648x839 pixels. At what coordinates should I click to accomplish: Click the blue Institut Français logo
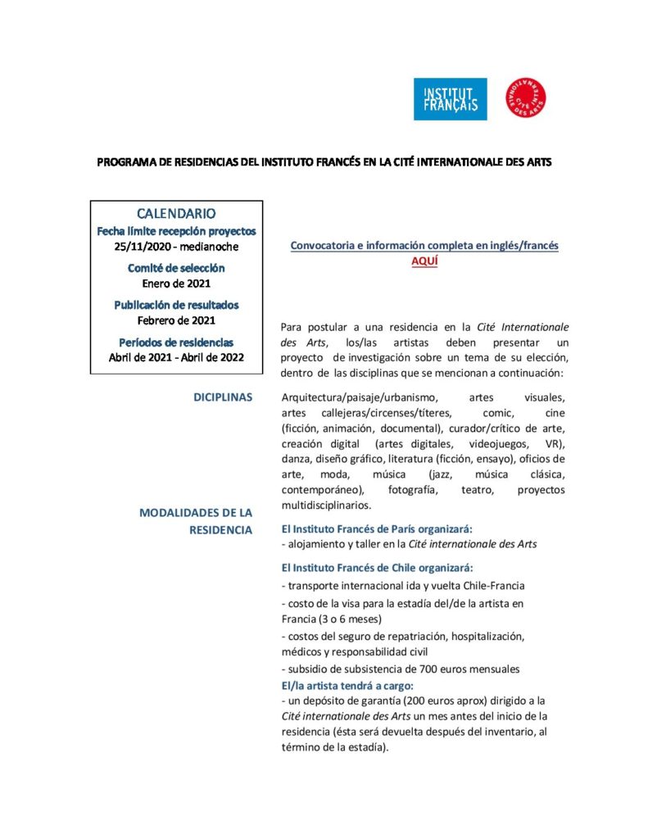click(450, 99)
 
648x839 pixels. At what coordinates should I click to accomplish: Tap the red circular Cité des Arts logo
click(527, 98)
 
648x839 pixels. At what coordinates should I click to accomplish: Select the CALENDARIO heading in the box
click(176, 214)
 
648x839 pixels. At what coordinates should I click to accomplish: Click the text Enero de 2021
click(176, 283)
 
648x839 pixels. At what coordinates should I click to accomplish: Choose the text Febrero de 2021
click(176, 320)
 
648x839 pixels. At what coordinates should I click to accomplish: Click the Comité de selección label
click(176, 268)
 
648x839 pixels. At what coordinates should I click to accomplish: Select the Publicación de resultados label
click(176, 305)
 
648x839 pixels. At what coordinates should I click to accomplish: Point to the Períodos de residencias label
click(176, 342)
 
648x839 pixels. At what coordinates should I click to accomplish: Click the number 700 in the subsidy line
click(430, 669)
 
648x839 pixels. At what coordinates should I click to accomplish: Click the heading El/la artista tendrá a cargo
click(347, 685)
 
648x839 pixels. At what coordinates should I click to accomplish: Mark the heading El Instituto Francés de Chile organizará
click(377, 567)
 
